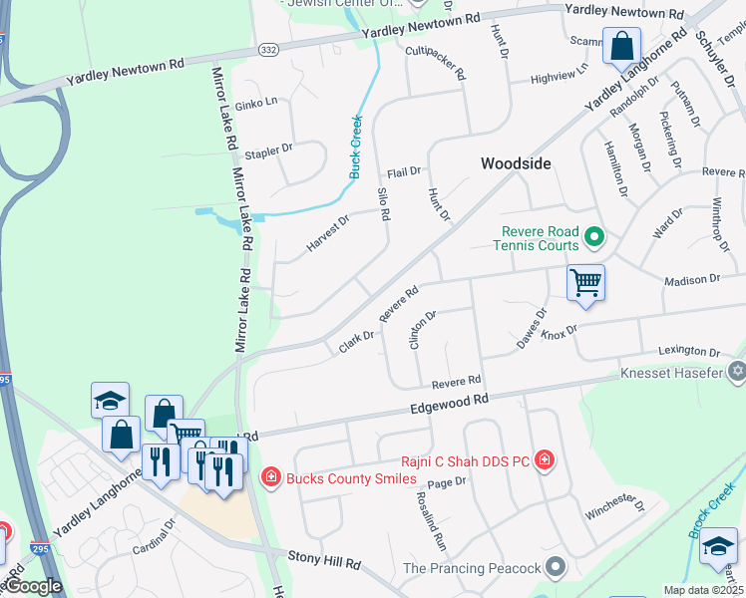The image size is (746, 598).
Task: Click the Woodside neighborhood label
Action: [x=516, y=163]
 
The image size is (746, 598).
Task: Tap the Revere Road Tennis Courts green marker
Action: [x=594, y=237]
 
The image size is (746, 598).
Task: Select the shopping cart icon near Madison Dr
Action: [x=585, y=283]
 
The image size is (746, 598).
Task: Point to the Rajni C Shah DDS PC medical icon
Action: [x=545, y=460]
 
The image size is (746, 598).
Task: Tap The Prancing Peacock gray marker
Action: [x=557, y=568]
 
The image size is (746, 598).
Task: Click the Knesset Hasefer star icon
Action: [x=737, y=372]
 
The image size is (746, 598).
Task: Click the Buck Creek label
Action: [x=355, y=148]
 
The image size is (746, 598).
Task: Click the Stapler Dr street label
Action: [x=268, y=150]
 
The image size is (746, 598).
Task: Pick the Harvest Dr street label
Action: [x=328, y=233]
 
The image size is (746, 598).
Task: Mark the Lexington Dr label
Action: [x=688, y=352]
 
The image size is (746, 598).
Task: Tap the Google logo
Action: [x=32, y=586]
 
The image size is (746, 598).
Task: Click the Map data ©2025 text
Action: [x=704, y=590]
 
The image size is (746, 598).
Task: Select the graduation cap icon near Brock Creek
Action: [x=718, y=545]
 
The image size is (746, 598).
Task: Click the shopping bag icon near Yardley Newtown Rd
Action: [x=621, y=46]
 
